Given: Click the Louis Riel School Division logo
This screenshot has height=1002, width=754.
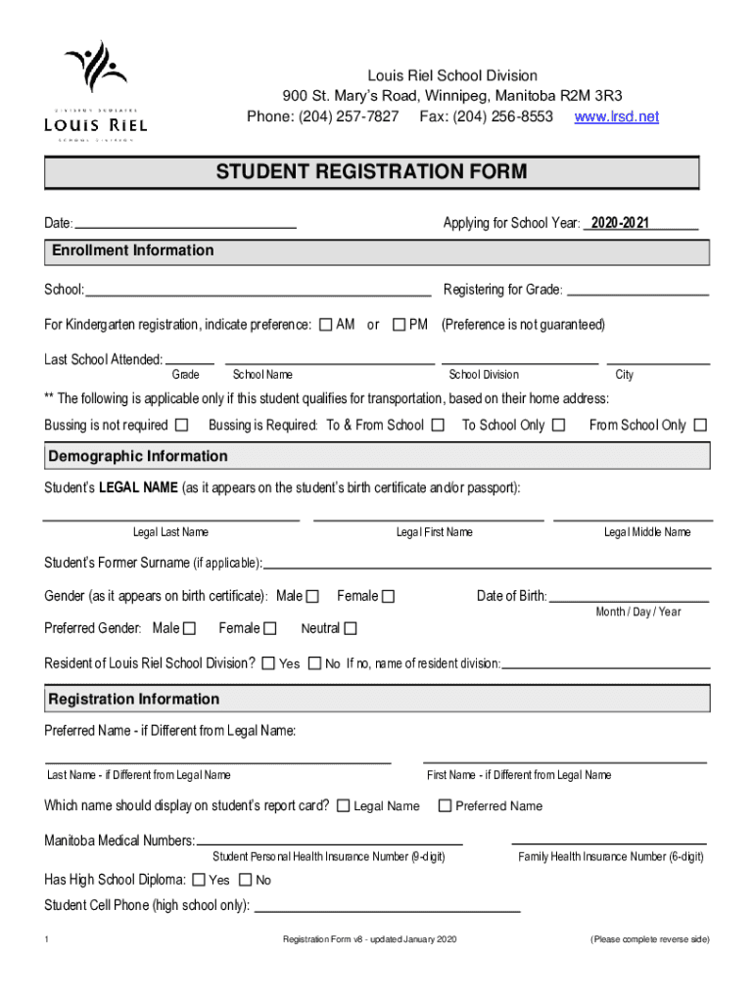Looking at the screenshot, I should pyautogui.click(x=96, y=90).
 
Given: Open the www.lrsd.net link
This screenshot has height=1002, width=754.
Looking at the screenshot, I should pyautogui.click(x=616, y=116).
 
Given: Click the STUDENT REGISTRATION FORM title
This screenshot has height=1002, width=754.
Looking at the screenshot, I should pyautogui.click(x=371, y=173).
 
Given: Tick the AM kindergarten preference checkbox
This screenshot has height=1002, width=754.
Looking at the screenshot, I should pyautogui.click(x=326, y=325).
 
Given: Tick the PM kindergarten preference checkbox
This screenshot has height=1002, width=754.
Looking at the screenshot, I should pyautogui.click(x=399, y=325).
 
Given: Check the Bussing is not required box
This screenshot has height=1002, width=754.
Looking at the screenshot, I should pyautogui.click(x=181, y=425).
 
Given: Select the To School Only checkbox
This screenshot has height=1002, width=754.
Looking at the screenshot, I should pyautogui.click(x=558, y=425).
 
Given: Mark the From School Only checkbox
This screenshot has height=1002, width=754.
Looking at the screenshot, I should pyautogui.click(x=700, y=425).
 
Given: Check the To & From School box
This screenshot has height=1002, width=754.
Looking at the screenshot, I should pyautogui.click(x=438, y=425).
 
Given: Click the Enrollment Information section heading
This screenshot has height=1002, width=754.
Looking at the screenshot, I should pyautogui.click(x=132, y=250).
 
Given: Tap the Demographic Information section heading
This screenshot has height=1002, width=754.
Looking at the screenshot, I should pyautogui.click(x=138, y=456).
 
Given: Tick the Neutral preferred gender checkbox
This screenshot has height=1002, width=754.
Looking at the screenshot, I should pyautogui.click(x=351, y=628).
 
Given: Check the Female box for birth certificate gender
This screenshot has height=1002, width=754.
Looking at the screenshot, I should pyautogui.click(x=388, y=596).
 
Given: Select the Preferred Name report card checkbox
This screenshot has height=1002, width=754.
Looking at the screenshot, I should pyautogui.click(x=445, y=806).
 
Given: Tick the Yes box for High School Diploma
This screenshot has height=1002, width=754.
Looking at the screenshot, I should pyautogui.click(x=199, y=880).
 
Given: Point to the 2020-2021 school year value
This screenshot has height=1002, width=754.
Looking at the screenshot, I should pyautogui.click(x=619, y=223).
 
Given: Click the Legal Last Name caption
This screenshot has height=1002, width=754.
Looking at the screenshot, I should pyautogui.click(x=170, y=532).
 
